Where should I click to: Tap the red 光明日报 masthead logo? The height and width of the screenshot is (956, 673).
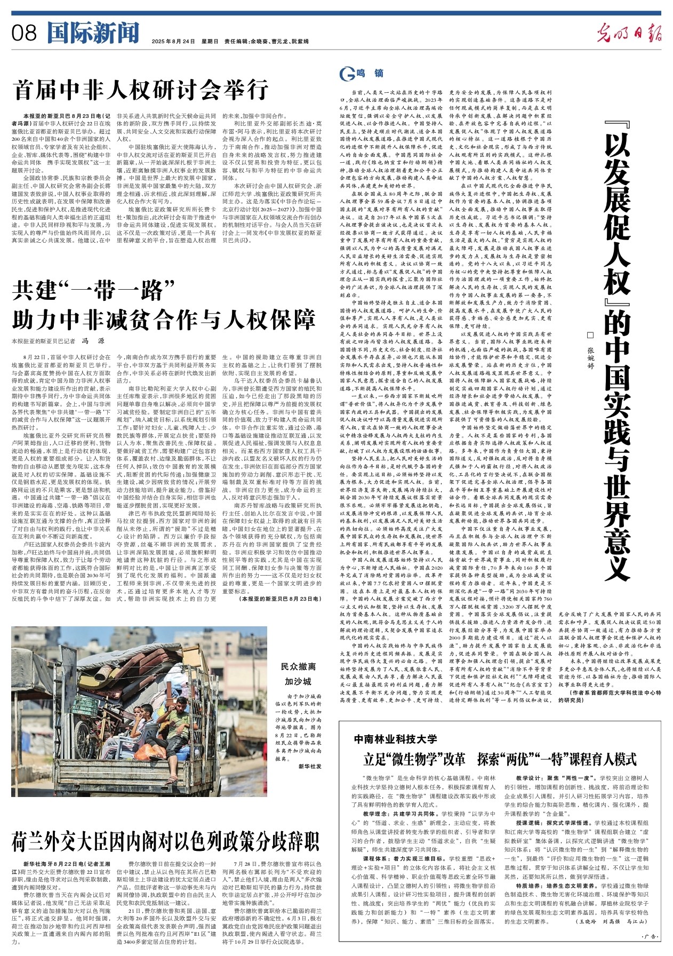pos(629,34)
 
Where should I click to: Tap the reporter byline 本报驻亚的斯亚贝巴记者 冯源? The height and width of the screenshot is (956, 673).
pos(58,340)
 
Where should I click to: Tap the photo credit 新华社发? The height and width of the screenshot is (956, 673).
pos(310,767)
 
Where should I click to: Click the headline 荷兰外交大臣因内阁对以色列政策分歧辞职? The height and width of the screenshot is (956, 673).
pos(165,842)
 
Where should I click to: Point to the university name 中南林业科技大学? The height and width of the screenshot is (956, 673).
pos(395,739)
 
